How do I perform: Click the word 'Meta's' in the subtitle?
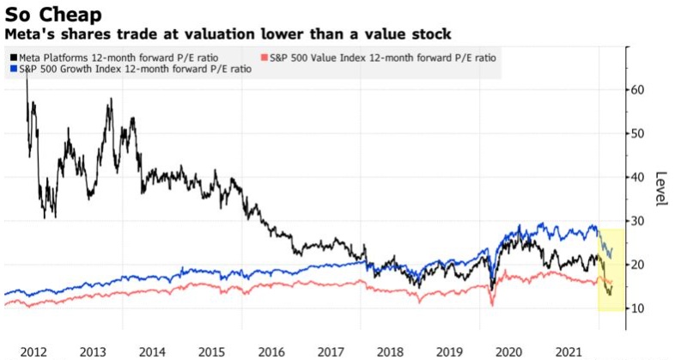pyautogui.click(x=32, y=34)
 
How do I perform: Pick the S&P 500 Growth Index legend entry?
pyautogui.click(x=134, y=70)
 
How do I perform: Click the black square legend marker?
pyautogui.click(x=12, y=58)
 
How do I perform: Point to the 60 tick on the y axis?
pyautogui.click(x=637, y=89)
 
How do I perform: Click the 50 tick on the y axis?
pyautogui.click(x=637, y=133)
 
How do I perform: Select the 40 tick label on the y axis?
pyautogui.click(x=637, y=177)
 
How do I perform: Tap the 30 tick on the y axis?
pyautogui.click(x=637, y=221)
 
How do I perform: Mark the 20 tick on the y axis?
pyautogui.click(x=637, y=264)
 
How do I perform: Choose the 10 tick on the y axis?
pyautogui.click(x=637, y=308)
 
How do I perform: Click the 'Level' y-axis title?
pyautogui.click(x=661, y=186)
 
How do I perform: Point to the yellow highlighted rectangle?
pyautogui.click(x=611, y=269)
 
